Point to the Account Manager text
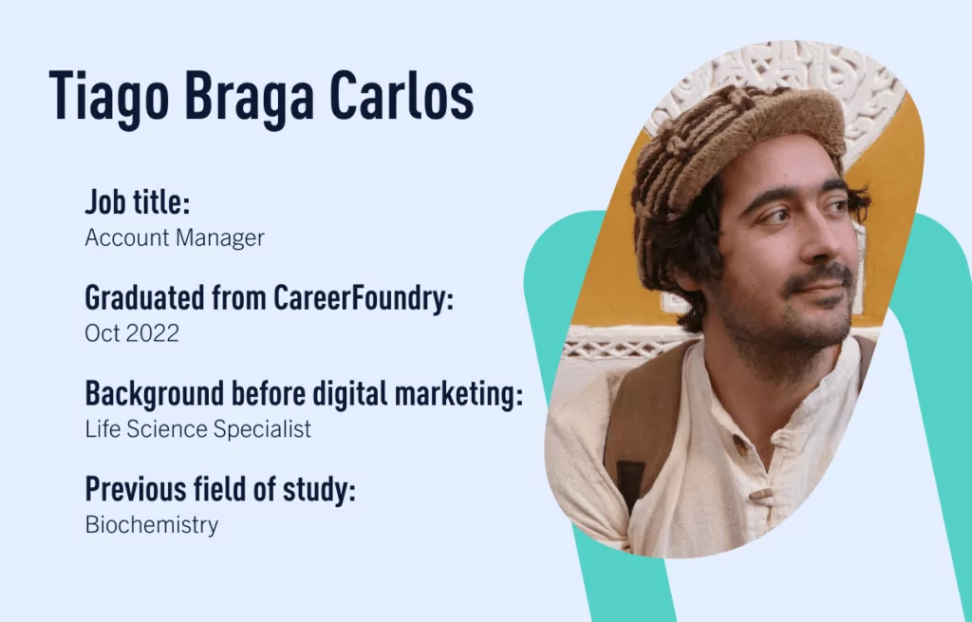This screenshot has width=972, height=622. pyautogui.click(x=175, y=237)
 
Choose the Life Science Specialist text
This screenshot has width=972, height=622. pyautogui.click(x=197, y=428)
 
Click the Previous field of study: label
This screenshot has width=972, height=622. pyautogui.click(x=220, y=489)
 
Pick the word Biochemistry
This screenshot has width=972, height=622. pyautogui.click(x=152, y=524)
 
